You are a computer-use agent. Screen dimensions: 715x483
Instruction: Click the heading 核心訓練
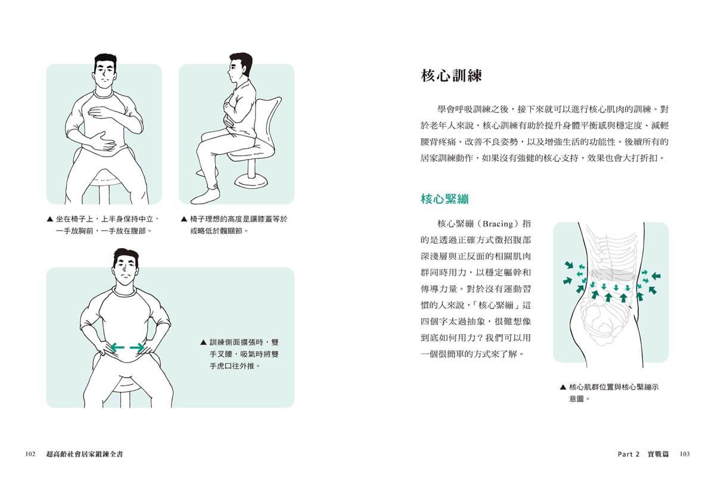coord(450,76)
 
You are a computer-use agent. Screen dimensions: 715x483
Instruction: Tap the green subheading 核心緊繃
coord(444,199)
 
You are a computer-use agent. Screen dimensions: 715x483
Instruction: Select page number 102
coord(30,454)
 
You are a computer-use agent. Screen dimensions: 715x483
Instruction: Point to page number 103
coord(685,454)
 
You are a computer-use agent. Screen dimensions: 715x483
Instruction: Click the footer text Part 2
coord(629,454)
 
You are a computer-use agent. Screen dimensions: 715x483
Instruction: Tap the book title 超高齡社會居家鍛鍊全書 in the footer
coord(85,454)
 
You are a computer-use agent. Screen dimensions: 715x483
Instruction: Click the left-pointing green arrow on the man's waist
coord(117,347)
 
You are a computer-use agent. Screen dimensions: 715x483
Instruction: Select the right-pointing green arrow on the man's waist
coord(138,347)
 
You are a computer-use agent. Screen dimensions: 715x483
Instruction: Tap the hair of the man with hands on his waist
coord(126,257)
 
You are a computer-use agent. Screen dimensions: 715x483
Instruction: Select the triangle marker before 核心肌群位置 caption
coord(562,387)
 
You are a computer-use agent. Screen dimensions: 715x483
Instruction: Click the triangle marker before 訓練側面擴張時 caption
coord(203,342)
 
